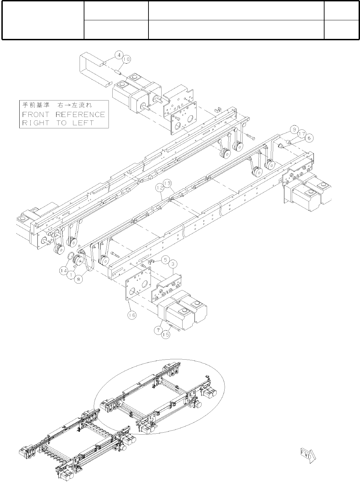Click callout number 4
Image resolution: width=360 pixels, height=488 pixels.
[x=119, y=55]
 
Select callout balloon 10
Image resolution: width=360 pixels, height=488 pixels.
[x=126, y=59]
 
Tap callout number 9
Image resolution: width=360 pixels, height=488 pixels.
[x=294, y=130]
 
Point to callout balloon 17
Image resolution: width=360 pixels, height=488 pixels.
[x=302, y=134]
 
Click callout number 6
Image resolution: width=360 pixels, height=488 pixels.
[x=309, y=138]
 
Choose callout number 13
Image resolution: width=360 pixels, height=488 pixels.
[x=167, y=185]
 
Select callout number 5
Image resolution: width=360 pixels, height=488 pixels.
[x=165, y=259]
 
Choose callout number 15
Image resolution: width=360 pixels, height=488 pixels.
[x=166, y=334]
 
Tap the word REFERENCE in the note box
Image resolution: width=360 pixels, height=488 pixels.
[x=80, y=115]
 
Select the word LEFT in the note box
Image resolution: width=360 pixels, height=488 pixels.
[x=83, y=123]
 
